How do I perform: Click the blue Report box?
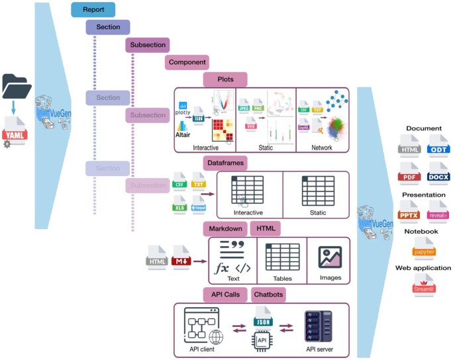coord(93,9)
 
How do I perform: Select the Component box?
coord(187,62)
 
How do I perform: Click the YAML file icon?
coord(16,130)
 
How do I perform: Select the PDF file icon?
coord(409,175)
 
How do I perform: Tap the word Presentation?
coord(423,196)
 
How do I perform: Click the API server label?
coord(319,349)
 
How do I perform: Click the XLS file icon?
coord(179,204)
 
